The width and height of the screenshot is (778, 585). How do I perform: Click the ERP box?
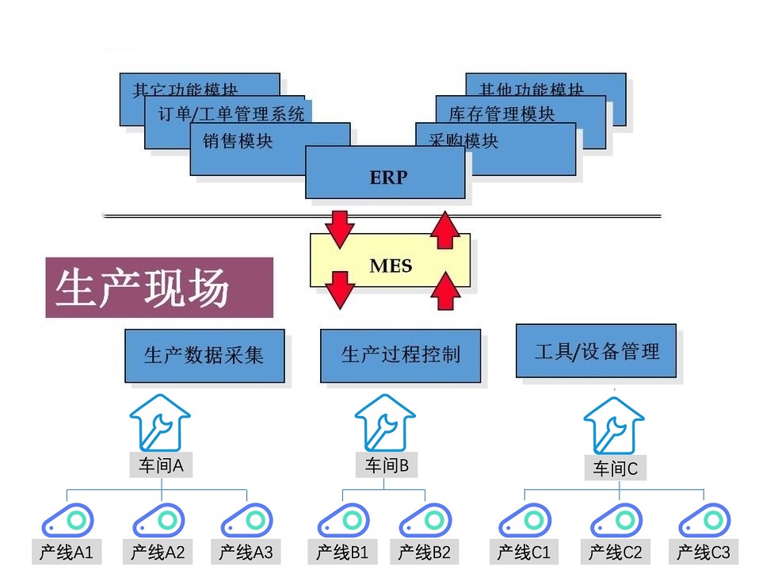click(x=386, y=176)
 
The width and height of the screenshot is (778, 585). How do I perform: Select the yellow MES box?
click(x=390, y=265)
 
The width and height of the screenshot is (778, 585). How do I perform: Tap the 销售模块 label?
click(x=238, y=141)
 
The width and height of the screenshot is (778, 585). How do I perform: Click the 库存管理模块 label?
click(x=502, y=113)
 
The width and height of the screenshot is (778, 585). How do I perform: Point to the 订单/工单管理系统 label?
click(x=231, y=113)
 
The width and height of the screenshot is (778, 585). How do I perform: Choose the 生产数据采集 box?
click(x=204, y=355)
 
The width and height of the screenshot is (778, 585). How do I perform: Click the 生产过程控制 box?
click(x=400, y=355)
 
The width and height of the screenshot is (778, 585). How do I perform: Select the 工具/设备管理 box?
click(x=596, y=350)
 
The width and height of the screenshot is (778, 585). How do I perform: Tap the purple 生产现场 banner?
click(x=158, y=287)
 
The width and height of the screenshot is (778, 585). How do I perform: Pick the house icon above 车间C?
click(x=614, y=426)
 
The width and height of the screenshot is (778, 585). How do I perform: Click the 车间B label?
click(x=387, y=466)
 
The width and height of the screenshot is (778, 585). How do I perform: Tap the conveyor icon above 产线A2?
click(x=158, y=521)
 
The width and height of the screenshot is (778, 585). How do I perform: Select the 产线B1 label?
click(x=342, y=552)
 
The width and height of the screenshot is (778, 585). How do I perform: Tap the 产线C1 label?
click(x=524, y=552)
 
